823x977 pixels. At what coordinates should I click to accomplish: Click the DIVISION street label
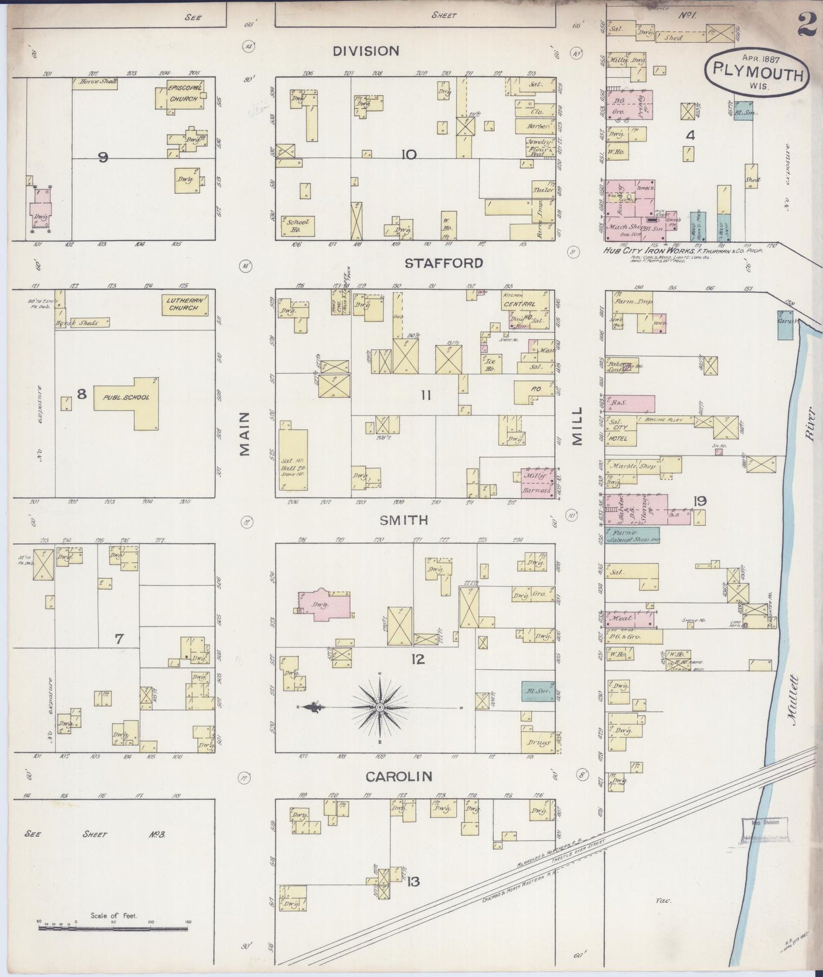click(x=366, y=51)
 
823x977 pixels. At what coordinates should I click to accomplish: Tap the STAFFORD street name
click(x=444, y=263)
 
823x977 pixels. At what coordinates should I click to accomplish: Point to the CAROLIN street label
click(x=399, y=776)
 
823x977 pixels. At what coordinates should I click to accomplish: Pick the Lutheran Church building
click(x=184, y=304)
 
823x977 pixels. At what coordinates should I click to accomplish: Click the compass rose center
click(x=379, y=707)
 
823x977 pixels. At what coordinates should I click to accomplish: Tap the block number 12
click(x=417, y=660)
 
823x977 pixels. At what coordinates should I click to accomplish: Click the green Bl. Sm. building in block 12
click(x=538, y=691)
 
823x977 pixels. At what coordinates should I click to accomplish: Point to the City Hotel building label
click(x=620, y=433)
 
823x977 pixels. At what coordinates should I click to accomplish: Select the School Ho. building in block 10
click(x=297, y=226)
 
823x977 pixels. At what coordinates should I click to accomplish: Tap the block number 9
click(x=103, y=157)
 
